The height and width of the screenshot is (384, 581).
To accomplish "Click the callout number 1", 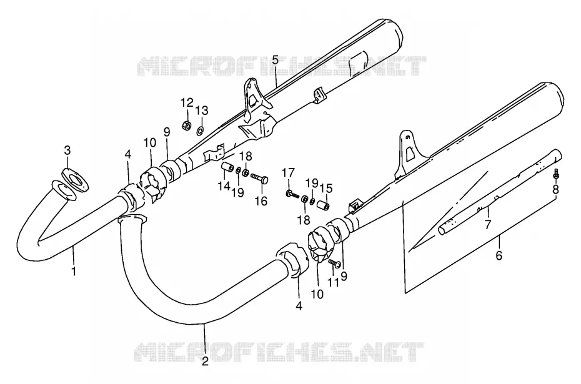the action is [x=74, y=271].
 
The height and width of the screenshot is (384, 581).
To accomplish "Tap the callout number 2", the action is [x=206, y=360].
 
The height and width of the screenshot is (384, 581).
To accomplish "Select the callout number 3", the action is [x=67, y=150].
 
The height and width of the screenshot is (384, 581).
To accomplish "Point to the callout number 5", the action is [x=274, y=59].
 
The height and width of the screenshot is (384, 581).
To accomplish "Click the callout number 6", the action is [x=499, y=255].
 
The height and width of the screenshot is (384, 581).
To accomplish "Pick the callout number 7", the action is [x=488, y=224].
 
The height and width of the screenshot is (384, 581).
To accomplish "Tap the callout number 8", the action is [x=555, y=190].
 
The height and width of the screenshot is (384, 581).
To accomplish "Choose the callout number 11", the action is [x=334, y=283].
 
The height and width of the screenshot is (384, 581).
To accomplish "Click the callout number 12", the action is [x=187, y=102].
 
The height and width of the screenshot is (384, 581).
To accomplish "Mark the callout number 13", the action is [x=202, y=111].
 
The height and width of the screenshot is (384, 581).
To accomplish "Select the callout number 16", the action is [x=261, y=201].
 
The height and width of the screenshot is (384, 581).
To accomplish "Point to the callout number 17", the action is [x=288, y=172].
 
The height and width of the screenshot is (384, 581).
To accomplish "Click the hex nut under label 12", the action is [x=187, y=126].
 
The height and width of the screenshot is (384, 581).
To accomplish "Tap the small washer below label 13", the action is [x=200, y=130].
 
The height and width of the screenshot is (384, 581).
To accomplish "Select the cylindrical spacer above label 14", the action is [x=227, y=167].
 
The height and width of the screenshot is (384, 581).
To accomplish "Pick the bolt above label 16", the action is [x=259, y=178].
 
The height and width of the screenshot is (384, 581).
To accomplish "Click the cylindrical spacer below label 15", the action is [x=323, y=204].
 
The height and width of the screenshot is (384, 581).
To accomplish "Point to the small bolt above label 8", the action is [x=555, y=174].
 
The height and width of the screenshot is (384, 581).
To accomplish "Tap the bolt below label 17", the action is [x=292, y=194].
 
